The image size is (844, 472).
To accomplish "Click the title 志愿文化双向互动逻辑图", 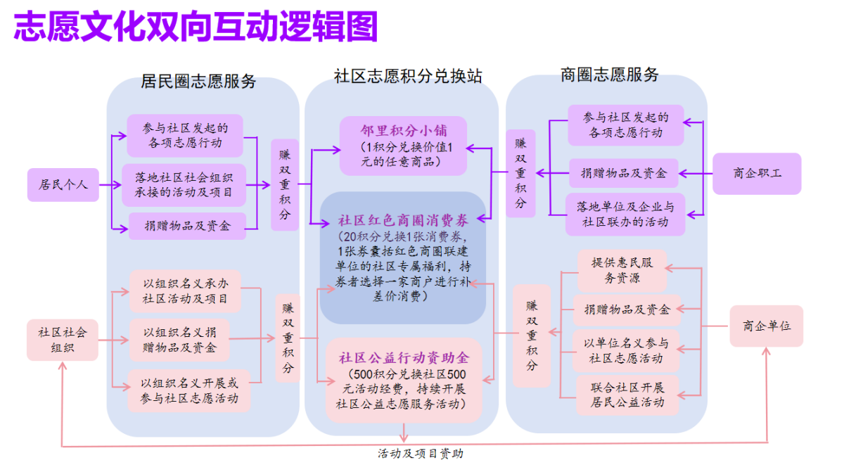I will [x=196, y=27].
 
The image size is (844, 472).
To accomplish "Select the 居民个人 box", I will [x=63, y=185].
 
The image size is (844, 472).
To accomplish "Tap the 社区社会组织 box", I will [x=63, y=340].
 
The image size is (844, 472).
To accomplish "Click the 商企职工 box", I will [x=757, y=173].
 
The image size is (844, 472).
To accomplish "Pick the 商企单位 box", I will [x=766, y=326].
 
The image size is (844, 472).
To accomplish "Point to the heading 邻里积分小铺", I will [x=403, y=130].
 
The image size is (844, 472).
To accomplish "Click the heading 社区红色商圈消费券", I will [x=403, y=219].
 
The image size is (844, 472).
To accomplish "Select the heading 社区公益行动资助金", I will [x=403, y=357].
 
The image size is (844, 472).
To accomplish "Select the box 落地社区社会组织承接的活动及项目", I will [x=184, y=185].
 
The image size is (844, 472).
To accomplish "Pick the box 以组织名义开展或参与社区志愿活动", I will [x=189, y=391].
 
